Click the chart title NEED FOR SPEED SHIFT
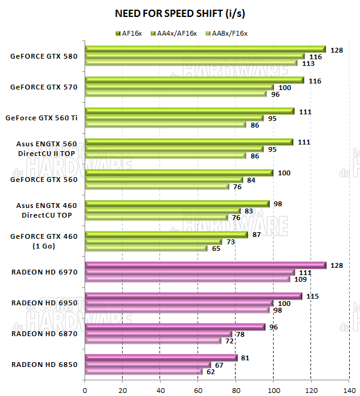pyautogui.click(x=179, y=13)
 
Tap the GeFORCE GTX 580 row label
pyautogui.click(x=43, y=56)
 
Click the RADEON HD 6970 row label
pyautogui.click(x=44, y=272)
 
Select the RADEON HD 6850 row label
pyautogui.click(x=44, y=365)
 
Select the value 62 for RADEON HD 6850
pyautogui.click(x=210, y=371)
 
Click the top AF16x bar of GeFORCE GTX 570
pyautogui.click(x=193, y=80)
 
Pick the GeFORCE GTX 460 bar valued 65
pyautogui.click(x=146, y=248)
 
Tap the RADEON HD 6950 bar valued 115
pyautogui.click(x=193, y=296)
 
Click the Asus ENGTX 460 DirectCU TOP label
pyautogui.click(x=44, y=210)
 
